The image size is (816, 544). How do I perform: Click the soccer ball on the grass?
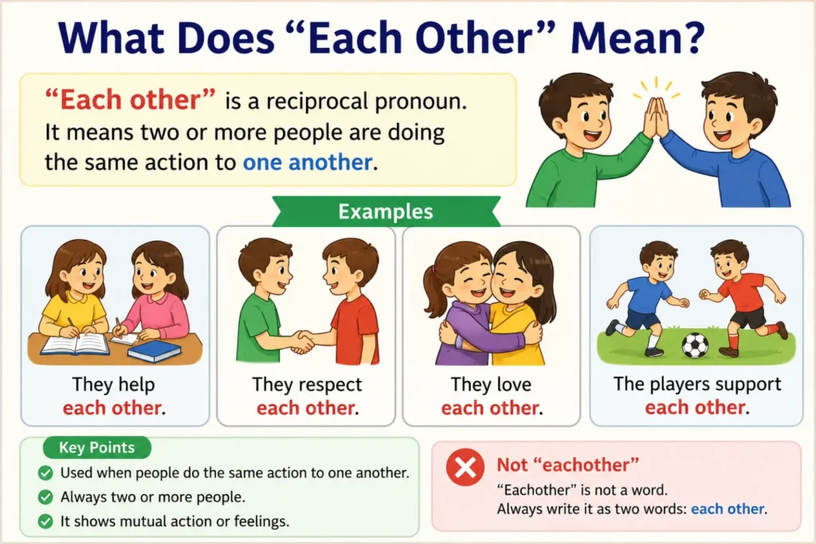pos(695,345)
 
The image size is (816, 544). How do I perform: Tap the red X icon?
pos(465,467)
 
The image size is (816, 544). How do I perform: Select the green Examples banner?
pos(386,212)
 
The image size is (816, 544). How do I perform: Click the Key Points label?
pos(96,448)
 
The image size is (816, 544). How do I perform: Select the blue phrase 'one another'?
pos(308,162)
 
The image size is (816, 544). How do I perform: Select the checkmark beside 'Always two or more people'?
pos(45,497)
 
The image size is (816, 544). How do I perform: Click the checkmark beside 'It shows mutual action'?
pos(45,521)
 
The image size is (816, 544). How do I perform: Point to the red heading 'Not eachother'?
pos(567,464)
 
